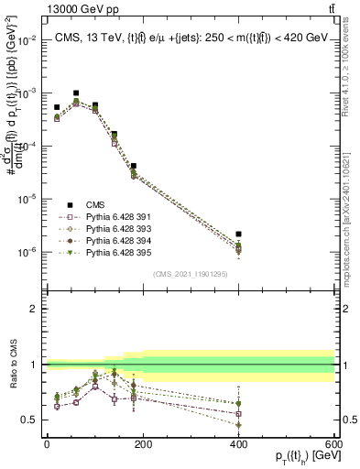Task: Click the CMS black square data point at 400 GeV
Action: (x=238, y=234)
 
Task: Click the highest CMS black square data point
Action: (x=76, y=93)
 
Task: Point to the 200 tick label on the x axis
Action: (x=142, y=443)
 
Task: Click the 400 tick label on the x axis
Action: (x=238, y=443)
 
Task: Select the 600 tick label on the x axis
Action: (x=333, y=443)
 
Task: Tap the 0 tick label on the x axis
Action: (x=47, y=443)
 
